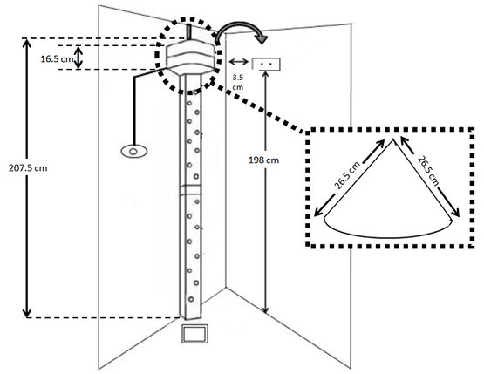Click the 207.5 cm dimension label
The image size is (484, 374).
click(28, 168)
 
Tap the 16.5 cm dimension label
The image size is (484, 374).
click(58, 58)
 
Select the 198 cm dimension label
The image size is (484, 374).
click(264, 160)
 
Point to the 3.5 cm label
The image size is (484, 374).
click(238, 83)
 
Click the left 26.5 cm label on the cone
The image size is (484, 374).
click(347, 175)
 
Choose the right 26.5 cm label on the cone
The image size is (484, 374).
click(428, 171)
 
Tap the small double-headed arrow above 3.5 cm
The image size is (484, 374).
click(239, 62)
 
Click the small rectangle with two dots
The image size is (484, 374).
click(266, 64)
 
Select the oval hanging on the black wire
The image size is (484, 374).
click(133, 152)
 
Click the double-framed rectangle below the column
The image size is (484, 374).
click(194, 333)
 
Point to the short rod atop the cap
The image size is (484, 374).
click(188, 31)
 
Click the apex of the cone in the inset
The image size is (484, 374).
click(393, 139)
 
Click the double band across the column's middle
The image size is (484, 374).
click(190, 190)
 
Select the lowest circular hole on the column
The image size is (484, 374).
click(191, 299)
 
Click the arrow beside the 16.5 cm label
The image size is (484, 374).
click(79, 58)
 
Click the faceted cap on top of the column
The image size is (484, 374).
click(190, 57)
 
